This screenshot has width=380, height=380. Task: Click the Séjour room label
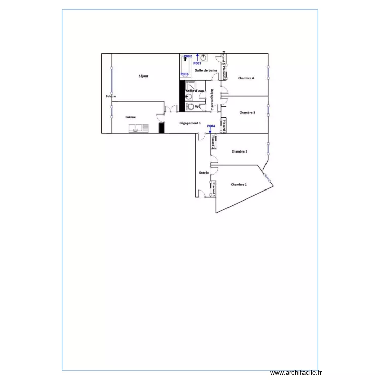(143, 77)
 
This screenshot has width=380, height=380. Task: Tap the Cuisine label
(131, 117)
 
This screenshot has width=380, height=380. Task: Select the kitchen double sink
(139, 129)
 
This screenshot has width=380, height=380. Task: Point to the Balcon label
(110, 96)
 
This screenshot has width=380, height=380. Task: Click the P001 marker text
(197, 64)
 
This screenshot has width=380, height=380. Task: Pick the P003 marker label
(185, 74)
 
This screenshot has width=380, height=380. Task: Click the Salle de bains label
(206, 71)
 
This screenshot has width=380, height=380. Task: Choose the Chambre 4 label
(246, 78)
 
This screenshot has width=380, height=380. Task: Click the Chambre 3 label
(247, 113)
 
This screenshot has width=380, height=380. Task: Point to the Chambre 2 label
(239, 151)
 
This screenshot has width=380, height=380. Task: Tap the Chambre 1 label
(239, 185)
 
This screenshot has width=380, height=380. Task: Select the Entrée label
(204, 173)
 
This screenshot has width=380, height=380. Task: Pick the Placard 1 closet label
(215, 189)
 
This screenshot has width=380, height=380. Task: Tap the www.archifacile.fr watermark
(296, 372)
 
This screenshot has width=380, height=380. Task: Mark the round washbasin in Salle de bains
(203, 57)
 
